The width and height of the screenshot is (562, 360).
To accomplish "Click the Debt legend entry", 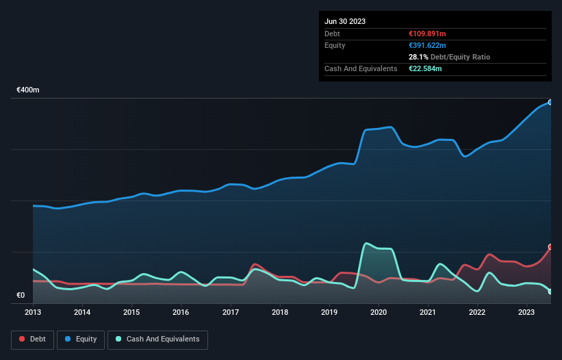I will tap(33, 339).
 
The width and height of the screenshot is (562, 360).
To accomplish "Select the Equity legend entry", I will tap(81, 339).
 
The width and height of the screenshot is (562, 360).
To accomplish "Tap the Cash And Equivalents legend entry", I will tap(157, 339).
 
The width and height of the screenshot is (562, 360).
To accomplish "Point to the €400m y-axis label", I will tap(28, 90).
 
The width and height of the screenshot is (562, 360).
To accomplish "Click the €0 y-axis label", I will tap(21, 296).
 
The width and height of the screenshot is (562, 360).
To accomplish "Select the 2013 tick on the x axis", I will tap(33, 312).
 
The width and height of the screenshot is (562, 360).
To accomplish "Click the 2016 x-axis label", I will tap(181, 312).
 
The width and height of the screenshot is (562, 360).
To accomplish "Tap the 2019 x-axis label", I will tap(329, 312).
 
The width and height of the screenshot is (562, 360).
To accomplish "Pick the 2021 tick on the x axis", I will tap(428, 312).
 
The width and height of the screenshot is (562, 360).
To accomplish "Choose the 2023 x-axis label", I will tap(526, 312).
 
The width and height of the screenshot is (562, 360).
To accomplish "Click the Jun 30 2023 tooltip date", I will tap(345, 21).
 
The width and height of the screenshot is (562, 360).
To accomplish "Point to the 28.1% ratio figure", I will tap(418, 57).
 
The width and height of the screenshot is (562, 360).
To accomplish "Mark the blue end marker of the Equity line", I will tap(550, 102).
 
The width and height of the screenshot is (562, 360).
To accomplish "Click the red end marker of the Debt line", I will tap(550, 246).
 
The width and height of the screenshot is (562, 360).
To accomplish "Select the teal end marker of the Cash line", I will tap(550, 292).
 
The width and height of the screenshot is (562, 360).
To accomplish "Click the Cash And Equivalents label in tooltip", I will tap(361, 68).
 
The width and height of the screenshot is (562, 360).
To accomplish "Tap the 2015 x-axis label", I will tap(131, 312).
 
